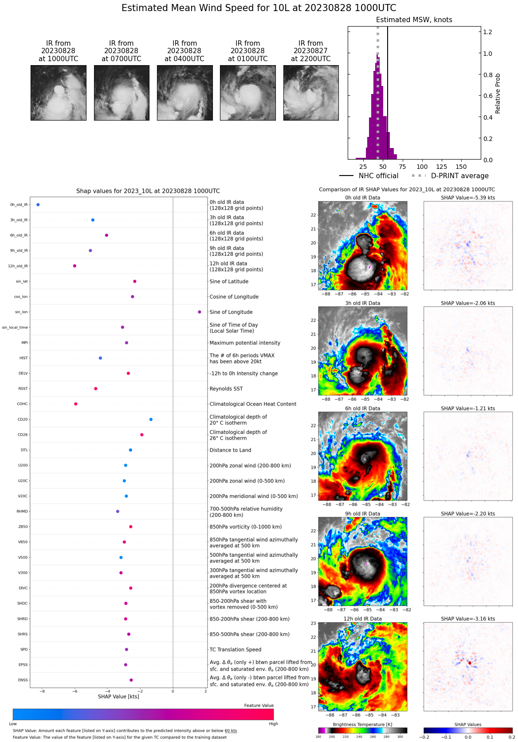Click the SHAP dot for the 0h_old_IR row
tap(38, 205)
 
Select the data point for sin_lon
tap(200, 312)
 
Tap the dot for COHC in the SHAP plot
tap(76, 404)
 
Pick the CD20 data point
tap(151, 419)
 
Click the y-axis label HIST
tap(24, 358)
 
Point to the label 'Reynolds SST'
tap(226, 389)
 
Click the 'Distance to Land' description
tap(230, 450)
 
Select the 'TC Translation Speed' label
tap(235, 649)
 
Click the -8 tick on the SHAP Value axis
tap(43, 691)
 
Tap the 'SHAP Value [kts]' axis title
tap(118, 696)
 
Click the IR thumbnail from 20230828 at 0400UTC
tap(184, 93)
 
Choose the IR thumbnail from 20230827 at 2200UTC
tap(311, 93)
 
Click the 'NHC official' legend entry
tap(378, 176)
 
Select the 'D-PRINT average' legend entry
tap(459, 176)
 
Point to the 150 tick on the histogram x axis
tap(461, 167)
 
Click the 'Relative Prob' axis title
tap(498, 94)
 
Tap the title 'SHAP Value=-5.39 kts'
tap(468, 198)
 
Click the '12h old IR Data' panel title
tap(362, 619)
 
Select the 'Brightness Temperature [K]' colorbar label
tap(362, 724)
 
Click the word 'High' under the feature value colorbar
tap(273, 724)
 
